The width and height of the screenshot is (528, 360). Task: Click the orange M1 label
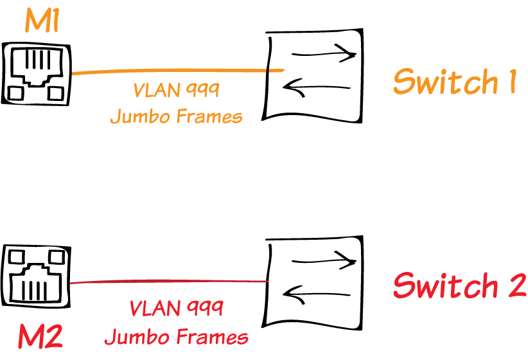tap(42, 21)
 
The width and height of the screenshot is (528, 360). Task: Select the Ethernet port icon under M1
tap(37, 73)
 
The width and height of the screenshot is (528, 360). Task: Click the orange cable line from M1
tap(173, 71)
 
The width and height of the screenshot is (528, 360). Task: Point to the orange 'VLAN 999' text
tap(176, 90)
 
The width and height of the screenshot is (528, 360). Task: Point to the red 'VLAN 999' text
tap(176, 309)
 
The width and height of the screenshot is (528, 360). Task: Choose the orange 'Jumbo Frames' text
tap(176, 116)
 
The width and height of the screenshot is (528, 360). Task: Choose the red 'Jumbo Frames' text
tap(176, 336)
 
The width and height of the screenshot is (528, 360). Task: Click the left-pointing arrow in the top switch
tap(316, 89)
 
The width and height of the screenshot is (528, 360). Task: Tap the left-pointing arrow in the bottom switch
tap(316, 295)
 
